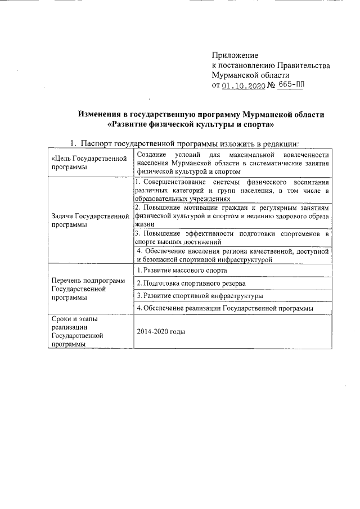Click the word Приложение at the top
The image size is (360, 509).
point(235,55)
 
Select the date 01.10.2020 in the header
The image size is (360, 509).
point(242,86)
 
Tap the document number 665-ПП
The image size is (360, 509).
point(294,85)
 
